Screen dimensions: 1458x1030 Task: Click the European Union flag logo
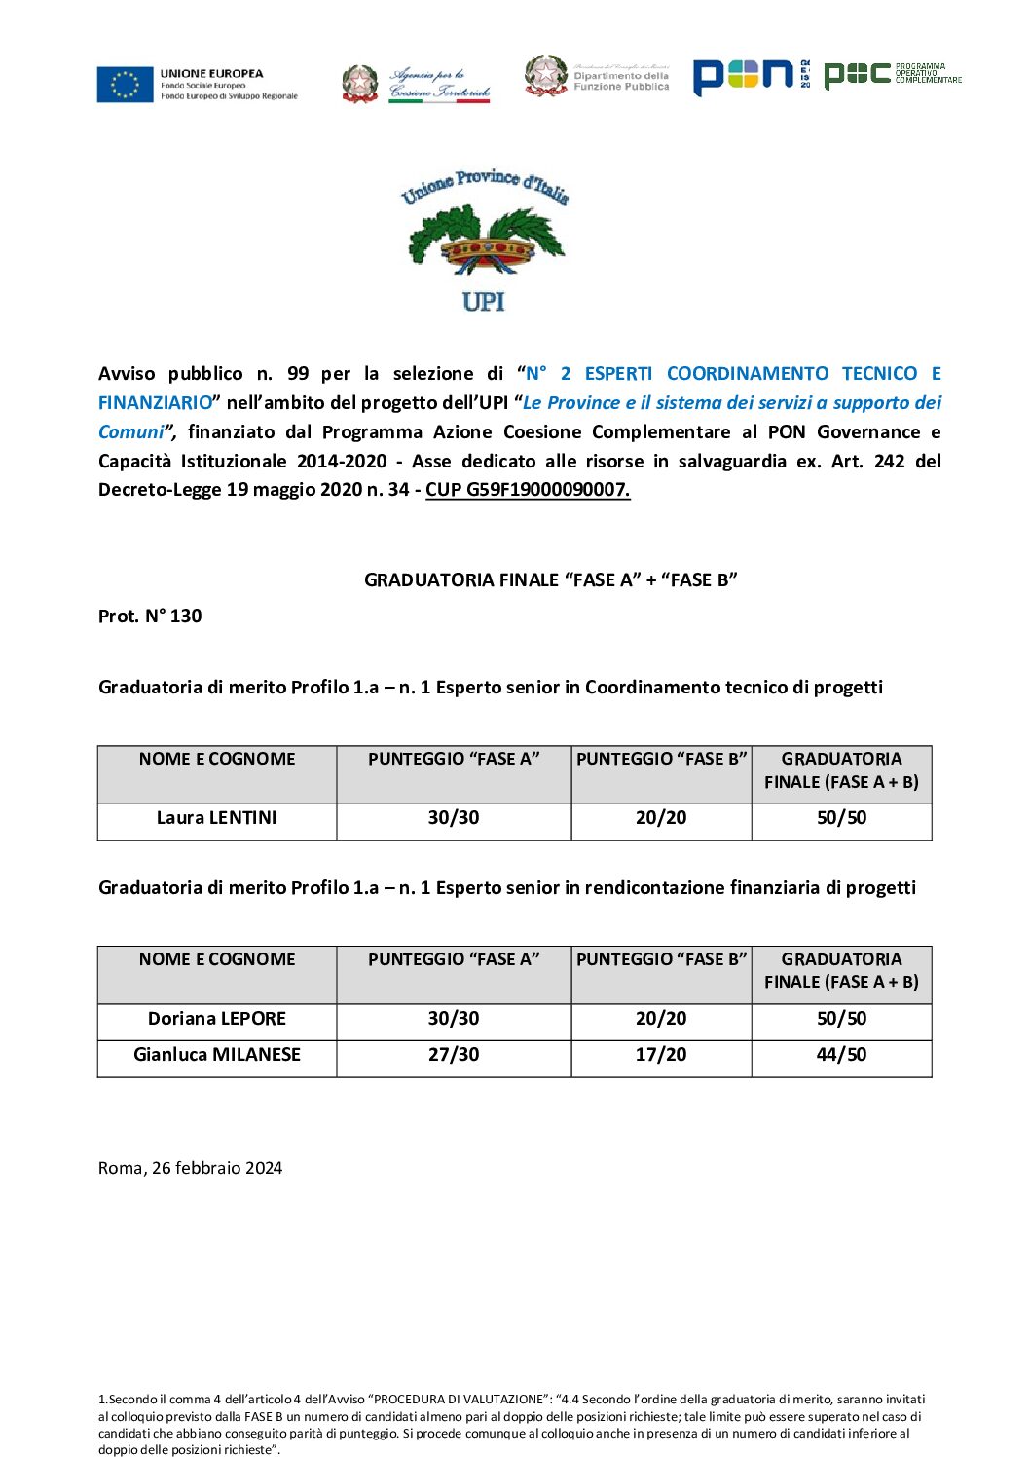click(x=125, y=85)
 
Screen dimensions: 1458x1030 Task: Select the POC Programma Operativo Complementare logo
click(x=892, y=74)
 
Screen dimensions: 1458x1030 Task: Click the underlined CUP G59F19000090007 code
click(x=528, y=490)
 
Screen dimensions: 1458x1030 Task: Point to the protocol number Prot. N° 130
click(x=150, y=616)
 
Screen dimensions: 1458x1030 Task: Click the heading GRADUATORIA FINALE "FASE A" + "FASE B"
click(x=550, y=580)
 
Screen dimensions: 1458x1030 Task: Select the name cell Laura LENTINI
click(x=217, y=818)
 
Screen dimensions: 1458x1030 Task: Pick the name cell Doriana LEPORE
click(x=217, y=1019)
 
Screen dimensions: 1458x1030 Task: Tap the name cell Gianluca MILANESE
click(x=217, y=1055)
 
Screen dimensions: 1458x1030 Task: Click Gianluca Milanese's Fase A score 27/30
click(x=454, y=1055)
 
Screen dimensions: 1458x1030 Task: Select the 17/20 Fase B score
click(x=661, y=1055)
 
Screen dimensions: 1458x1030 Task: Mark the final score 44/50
click(x=841, y=1055)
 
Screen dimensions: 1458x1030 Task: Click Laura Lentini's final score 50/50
click(x=841, y=818)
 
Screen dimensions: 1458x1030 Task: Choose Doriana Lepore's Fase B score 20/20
click(x=661, y=1019)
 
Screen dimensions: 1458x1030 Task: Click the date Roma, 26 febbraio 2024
click(x=191, y=1168)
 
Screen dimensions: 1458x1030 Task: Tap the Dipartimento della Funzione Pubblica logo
click(x=597, y=77)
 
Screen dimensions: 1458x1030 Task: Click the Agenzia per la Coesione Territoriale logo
click(x=417, y=84)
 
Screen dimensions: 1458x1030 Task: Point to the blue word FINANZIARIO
click(x=156, y=403)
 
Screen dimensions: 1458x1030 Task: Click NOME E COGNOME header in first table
click(x=217, y=760)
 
